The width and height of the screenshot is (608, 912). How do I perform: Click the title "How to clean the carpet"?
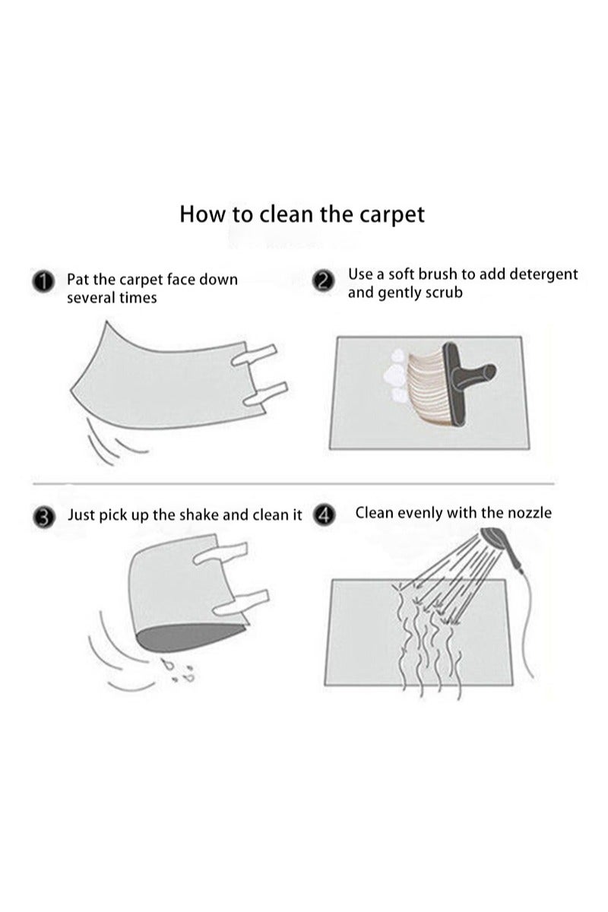point(302,214)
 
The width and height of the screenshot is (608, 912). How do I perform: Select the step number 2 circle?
point(324,280)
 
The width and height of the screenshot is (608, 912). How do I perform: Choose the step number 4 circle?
point(325,515)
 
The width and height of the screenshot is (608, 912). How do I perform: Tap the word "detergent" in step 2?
point(540,274)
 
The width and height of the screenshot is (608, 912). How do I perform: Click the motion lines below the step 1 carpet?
point(106,441)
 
